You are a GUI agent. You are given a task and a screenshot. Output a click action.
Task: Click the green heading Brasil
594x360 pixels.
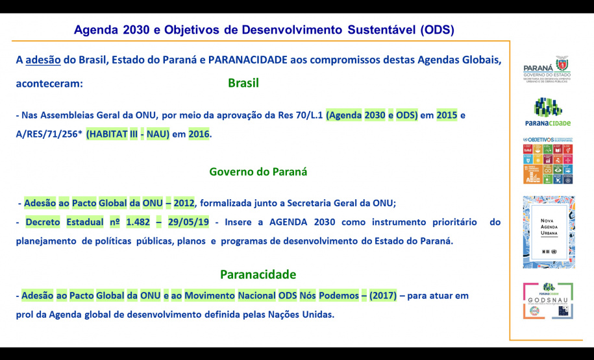[x=243, y=84]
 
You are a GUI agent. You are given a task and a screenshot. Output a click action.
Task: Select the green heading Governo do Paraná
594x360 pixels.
[x=258, y=172]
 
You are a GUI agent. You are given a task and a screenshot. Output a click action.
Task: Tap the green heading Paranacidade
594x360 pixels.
[x=258, y=274]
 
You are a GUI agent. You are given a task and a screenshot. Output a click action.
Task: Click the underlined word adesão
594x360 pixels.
[x=43, y=60]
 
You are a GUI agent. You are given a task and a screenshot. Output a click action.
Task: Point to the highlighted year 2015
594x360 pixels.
[x=447, y=115]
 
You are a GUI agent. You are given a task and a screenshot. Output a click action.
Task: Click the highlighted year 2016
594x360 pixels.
[x=199, y=134]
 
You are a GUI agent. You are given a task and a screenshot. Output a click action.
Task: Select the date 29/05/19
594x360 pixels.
[x=188, y=222]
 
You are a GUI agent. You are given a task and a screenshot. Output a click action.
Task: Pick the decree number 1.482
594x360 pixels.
[x=137, y=222]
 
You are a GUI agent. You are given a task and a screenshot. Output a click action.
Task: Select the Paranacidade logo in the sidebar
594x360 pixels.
[x=549, y=112]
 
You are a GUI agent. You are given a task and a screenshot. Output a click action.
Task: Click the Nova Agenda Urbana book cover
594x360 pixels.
[x=549, y=232]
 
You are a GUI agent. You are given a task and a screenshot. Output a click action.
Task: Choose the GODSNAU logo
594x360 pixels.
[x=549, y=301]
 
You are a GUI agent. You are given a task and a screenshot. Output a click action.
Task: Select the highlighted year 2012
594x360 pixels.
[x=184, y=203]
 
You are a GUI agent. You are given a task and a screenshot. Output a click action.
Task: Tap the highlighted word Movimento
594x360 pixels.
[x=210, y=296]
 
